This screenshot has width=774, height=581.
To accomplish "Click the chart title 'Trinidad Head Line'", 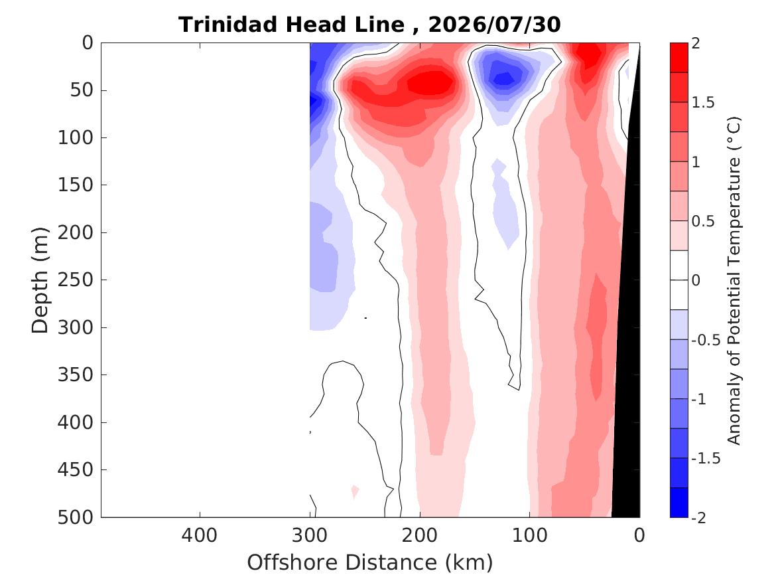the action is pos(291,25).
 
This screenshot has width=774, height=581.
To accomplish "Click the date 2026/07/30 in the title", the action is pos(494,25).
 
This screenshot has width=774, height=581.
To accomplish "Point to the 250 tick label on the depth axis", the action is pos(76,280).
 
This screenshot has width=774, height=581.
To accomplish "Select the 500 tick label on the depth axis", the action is pos(76,517).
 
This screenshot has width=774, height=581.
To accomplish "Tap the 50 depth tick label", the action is pos(82,90).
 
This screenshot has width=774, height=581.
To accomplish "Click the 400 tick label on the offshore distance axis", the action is pos(200,535).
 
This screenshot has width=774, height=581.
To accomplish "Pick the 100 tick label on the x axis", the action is pos(530,535).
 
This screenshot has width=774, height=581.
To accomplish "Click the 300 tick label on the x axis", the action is pos(310,535).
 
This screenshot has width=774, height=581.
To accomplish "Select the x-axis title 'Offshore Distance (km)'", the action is pos(370,562).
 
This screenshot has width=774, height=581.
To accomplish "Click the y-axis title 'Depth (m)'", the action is pos(40,280).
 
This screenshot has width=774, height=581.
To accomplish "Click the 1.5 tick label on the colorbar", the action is pos(703,102).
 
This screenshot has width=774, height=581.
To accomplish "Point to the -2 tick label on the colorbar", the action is pos(699,517).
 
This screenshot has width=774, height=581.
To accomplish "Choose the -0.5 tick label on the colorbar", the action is pos(706,340).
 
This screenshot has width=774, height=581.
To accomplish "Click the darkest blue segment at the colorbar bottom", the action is pos(678,503).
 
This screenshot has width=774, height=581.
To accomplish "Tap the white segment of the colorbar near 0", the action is pos(678,280).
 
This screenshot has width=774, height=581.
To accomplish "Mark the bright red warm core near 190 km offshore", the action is pos(431,82).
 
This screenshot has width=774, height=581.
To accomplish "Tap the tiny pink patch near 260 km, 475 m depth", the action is pos(354,491).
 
